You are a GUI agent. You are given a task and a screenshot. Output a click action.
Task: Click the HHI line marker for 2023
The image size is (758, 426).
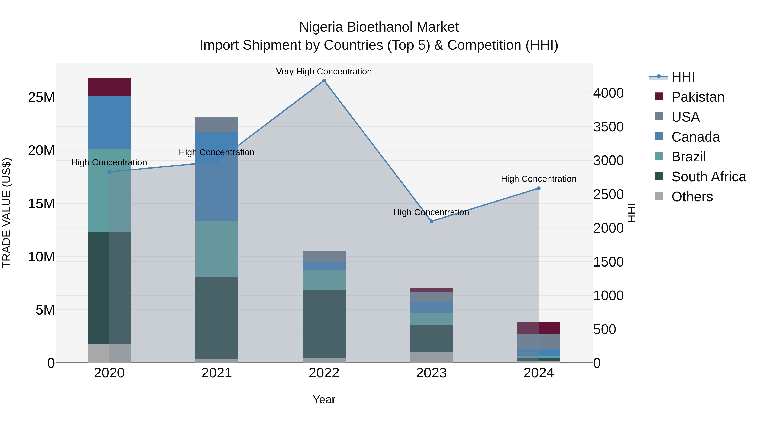click(x=431, y=221)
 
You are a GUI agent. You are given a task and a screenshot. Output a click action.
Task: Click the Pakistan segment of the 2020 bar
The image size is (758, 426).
click(x=109, y=87)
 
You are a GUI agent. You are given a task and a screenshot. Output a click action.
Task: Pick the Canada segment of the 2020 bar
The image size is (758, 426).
click(x=109, y=122)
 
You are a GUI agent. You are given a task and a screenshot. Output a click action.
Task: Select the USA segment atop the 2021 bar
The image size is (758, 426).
click(x=217, y=125)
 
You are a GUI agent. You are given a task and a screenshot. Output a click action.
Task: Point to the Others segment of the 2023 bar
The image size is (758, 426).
click(x=431, y=357)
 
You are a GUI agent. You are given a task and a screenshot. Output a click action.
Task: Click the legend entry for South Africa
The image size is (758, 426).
click(x=708, y=177)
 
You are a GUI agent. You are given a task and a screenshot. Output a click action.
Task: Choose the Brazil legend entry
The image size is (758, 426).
click(x=688, y=157)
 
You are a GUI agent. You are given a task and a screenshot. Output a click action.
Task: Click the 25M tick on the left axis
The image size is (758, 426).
click(x=41, y=97)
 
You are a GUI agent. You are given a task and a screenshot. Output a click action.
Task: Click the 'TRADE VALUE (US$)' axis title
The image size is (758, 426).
click(x=7, y=213)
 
